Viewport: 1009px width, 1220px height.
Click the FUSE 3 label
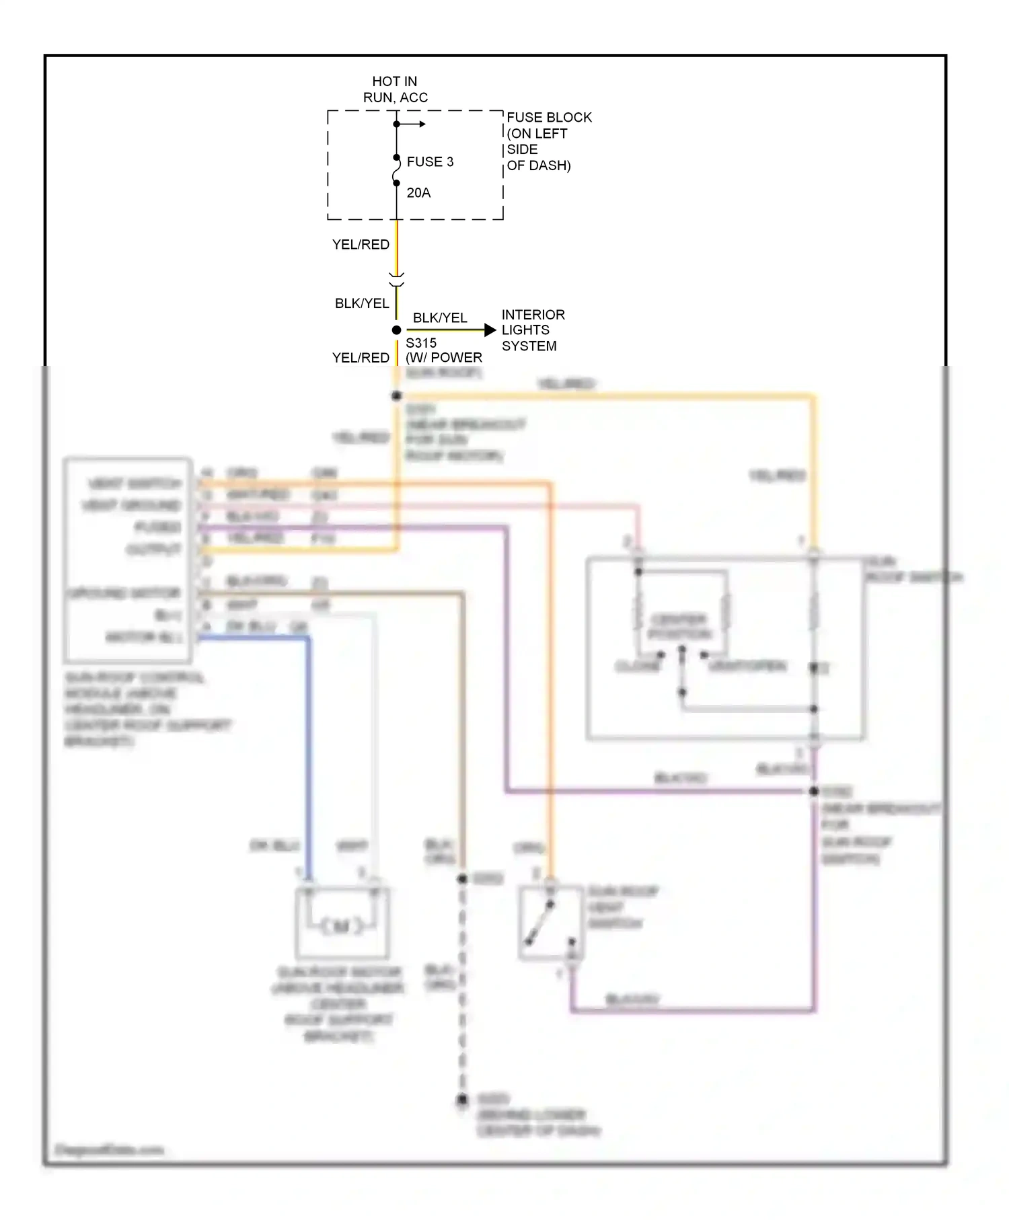430,162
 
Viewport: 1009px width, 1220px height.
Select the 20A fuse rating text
418,193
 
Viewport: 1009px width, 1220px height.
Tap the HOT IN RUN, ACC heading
395,89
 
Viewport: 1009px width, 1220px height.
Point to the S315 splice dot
396,330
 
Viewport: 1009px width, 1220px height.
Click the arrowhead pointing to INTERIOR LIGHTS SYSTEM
490,330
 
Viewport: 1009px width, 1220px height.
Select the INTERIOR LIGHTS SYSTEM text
532,330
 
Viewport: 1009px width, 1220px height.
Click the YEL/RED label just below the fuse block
361,245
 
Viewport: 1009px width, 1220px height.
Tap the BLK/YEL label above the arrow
439,317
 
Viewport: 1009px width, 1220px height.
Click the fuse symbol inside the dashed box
396,170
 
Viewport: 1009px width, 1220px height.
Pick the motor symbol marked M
342,927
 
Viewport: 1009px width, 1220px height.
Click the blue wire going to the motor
309,740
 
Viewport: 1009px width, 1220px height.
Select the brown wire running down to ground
463,726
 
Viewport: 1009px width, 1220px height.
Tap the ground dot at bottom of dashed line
462,1100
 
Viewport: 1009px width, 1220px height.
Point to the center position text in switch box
679,627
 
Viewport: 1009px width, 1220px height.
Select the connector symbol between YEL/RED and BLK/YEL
396,280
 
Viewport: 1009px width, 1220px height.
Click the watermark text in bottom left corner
109,1149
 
